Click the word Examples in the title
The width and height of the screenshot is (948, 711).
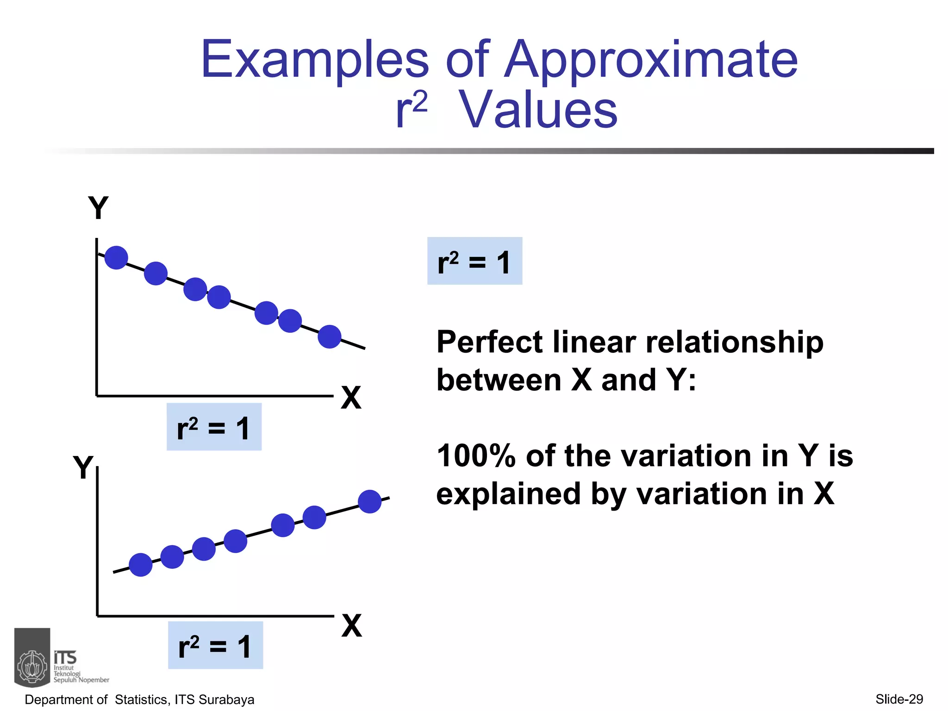pos(315,60)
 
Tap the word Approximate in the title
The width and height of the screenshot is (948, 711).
pos(650,60)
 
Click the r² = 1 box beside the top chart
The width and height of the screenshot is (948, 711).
pos(474,261)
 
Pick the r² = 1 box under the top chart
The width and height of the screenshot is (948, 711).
pos(214,427)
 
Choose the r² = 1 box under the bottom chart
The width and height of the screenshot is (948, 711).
pos(215,645)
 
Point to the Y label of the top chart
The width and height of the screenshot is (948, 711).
pos(98,208)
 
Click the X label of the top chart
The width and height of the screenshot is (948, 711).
pos(351,398)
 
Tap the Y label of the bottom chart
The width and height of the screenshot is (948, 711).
pos(83,468)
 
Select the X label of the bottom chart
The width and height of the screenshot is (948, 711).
pos(352,626)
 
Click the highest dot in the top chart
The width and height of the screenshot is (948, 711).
pos(116,257)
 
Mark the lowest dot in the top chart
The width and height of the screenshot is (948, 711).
pos(330,337)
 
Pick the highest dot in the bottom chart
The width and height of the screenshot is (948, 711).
pos(370,501)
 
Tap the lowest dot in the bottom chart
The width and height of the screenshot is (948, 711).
pos(141,565)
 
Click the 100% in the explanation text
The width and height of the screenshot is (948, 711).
pos(476,456)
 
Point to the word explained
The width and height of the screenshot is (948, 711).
pos(508,494)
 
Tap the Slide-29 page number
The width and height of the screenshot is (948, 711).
pos(899,699)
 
